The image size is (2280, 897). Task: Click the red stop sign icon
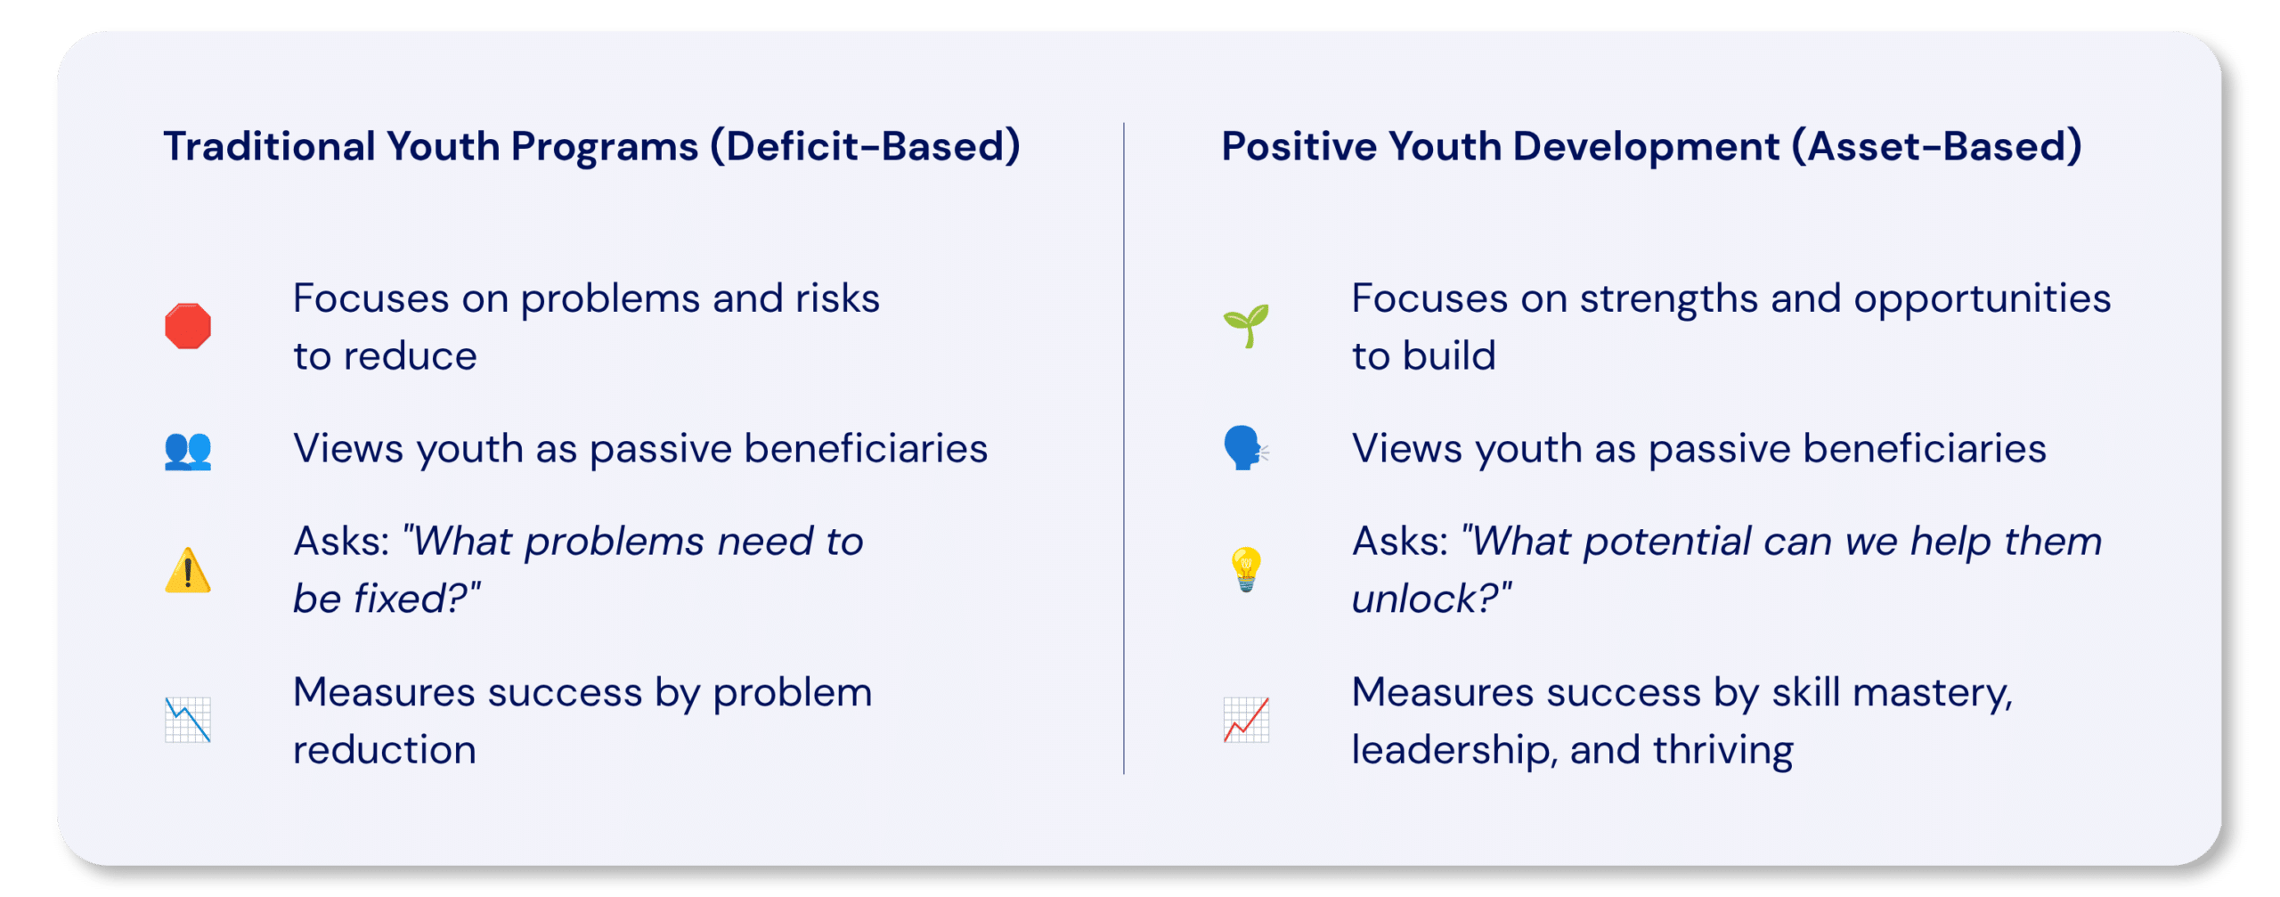(x=188, y=326)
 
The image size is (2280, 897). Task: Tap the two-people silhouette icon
(x=188, y=450)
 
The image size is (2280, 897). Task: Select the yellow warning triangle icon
(x=188, y=570)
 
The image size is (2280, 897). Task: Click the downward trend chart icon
(x=188, y=720)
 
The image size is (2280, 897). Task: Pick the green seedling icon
(x=1246, y=326)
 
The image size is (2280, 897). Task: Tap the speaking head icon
(x=1246, y=448)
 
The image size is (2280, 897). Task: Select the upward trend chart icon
(x=1246, y=720)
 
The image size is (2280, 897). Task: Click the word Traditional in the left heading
(x=269, y=146)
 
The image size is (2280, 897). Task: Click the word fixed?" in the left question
(x=418, y=598)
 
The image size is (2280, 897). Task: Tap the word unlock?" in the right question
(x=1431, y=598)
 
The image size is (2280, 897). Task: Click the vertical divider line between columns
(x=1124, y=448)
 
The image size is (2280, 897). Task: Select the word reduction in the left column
(x=385, y=751)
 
